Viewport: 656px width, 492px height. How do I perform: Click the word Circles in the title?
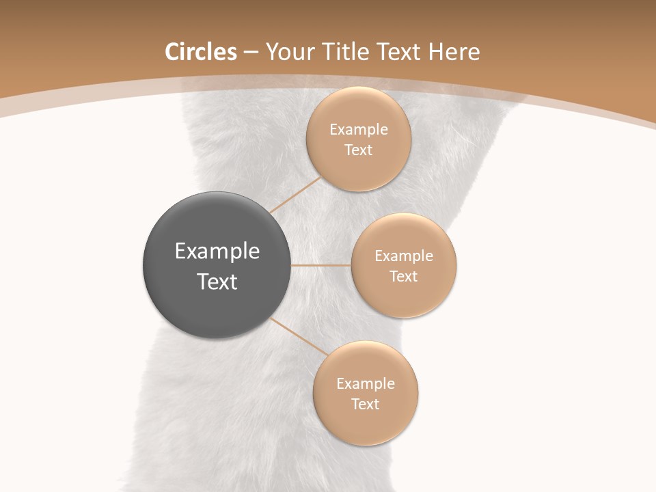point(200,52)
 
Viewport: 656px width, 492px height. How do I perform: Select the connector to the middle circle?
point(320,265)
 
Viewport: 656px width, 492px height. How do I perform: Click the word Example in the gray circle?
point(217,252)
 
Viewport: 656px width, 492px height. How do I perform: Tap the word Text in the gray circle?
point(217,282)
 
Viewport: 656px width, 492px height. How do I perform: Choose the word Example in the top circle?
point(358,130)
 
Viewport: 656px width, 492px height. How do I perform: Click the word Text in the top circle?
point(358,150)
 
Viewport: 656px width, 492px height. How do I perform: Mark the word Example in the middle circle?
point(403,256)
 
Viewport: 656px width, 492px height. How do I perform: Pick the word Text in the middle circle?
point(403,277)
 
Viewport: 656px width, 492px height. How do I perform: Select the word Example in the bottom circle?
point(365,384)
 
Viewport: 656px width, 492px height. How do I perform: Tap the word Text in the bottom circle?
point(365,405)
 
